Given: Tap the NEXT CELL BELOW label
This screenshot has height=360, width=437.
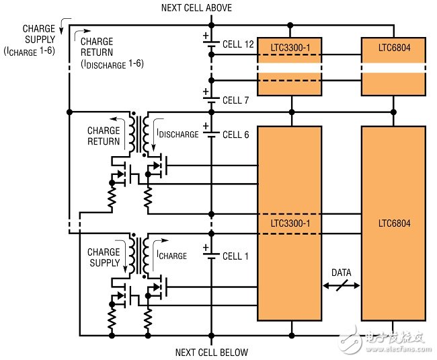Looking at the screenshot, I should click(212, 352).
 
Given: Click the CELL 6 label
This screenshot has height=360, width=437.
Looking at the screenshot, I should click(235, 135).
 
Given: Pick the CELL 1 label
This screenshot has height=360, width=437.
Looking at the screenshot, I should click(235, 256).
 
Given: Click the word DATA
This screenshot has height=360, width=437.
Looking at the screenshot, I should click(341, 273).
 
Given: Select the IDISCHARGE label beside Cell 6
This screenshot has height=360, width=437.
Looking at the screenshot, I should click(177, 134).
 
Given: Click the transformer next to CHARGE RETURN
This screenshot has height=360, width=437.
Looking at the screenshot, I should click(143, 133).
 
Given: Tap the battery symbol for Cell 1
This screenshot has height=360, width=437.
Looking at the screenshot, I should click(210, 255).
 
